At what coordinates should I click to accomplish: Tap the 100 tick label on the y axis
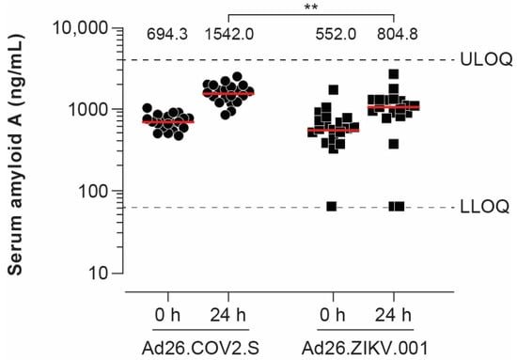click(x=96, y=191)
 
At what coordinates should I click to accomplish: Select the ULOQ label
click(x=487, y=60)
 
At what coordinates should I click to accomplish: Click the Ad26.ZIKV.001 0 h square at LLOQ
click(x=332, y=206)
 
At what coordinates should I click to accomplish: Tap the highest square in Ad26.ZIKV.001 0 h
click(x=333, y=90)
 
